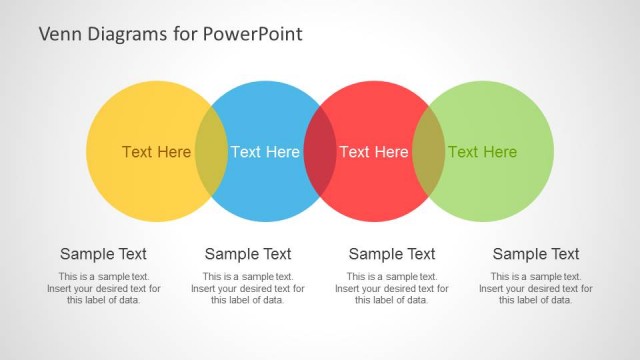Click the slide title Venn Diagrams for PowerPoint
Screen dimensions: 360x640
[x=170, y=35]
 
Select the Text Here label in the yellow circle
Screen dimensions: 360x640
[x=156, y=152]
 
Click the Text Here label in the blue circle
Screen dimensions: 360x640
[x=265, y=152]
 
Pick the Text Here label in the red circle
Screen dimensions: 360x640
[x=374, y=152]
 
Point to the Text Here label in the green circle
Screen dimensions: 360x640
[x=482, y=152]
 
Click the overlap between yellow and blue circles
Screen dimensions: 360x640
[x=211, y=152]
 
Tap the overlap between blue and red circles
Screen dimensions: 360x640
[x=320, y=152]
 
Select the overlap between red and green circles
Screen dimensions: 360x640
[x=429, y=152]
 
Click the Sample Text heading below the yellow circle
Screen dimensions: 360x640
[x=104, y=254]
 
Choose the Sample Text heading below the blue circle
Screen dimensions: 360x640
[x=248, y=254]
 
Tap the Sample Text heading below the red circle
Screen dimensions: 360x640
[x=392, y=254]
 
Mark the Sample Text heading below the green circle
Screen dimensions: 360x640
[x=536, y=254]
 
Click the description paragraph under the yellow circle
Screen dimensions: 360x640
[x=104, y=288]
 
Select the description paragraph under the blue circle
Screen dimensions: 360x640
[x=248, y=288]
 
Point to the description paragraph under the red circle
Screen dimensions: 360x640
[x=392, y=288]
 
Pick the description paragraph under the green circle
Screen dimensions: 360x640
[x=536, y=288]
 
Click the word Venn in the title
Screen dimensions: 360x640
[x=59, y=35]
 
